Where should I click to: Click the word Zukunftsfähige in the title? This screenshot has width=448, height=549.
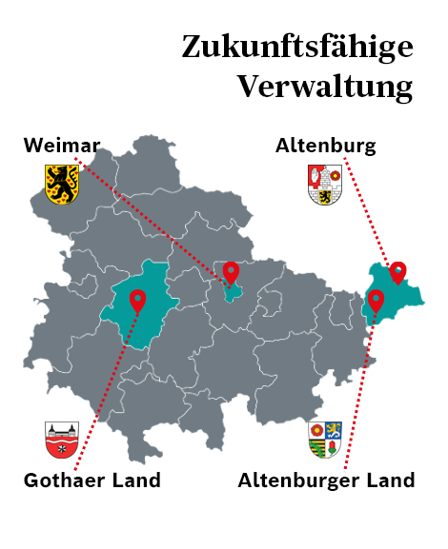tap(296, 47)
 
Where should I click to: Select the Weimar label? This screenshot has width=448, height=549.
tap(62, 146)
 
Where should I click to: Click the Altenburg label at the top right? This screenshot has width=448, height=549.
tap(325, 146)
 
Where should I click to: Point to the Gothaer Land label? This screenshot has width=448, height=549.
tap(92, 480)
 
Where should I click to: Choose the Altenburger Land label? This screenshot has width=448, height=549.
tap(326, 480)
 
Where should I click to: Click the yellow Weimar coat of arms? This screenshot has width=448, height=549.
tap(62, 183)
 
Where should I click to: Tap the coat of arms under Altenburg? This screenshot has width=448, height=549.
tap(325, 184)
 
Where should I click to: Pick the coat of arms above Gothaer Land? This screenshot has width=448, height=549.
tap(62, 440)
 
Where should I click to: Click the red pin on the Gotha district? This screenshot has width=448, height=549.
tap(138, 301)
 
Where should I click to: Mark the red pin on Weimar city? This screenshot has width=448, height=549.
tap(231, 273)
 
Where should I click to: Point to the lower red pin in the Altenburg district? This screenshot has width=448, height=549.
tap(376, 301)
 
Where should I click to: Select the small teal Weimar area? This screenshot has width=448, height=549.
tap(229, 291)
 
